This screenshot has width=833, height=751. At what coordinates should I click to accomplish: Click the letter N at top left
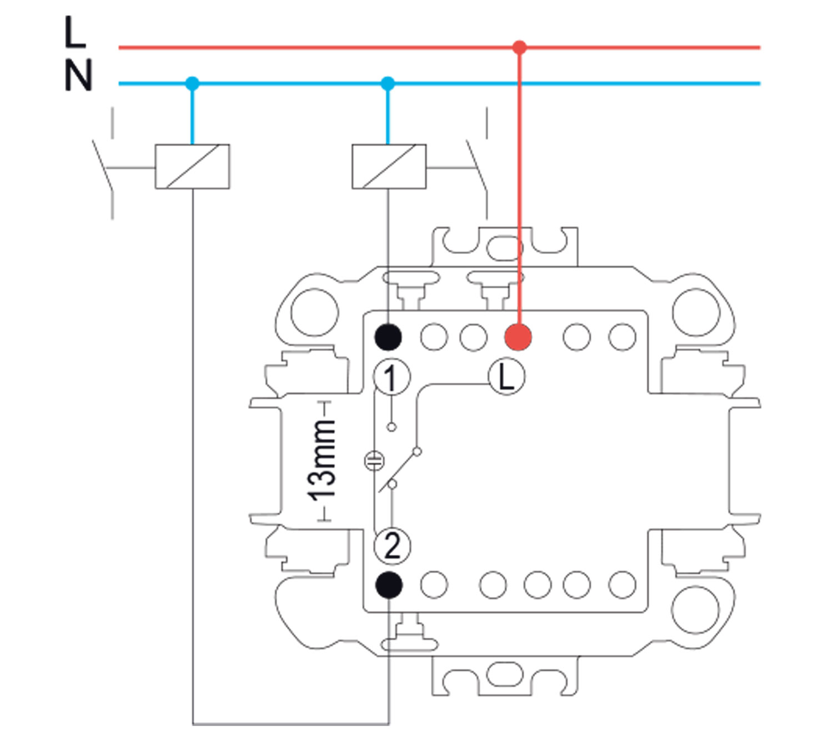click(78, 76)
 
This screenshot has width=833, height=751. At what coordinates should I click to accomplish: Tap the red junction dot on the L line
click(519, 47)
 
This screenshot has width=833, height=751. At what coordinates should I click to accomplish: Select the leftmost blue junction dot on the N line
click(192, 84)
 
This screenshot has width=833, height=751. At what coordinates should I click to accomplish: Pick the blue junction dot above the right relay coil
click(388, 84)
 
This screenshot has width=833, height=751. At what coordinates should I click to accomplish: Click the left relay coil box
click(192, 167)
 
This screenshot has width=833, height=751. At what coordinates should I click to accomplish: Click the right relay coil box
click(389, 167)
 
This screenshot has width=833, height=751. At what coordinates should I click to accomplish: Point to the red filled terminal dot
click(518, 337)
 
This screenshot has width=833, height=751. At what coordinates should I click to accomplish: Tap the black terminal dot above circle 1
click(388, 337)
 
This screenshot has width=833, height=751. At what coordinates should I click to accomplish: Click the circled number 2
click(392, 545)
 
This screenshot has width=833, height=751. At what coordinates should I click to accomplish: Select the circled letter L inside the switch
click(506, 378)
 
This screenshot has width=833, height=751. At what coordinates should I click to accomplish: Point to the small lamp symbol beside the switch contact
click(374, 460)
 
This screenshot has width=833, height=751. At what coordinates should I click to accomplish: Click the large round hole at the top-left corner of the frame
click(314, 311)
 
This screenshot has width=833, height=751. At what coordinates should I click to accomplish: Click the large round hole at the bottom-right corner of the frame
click(695, 610)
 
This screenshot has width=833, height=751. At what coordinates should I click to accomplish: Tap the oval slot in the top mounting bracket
click(504, 247)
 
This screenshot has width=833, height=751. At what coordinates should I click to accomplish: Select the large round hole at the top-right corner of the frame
click(695, 312)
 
